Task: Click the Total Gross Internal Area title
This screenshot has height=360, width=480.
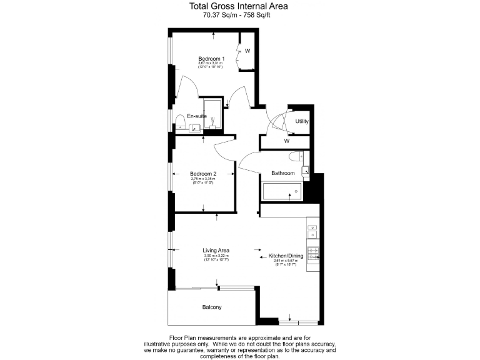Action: (x=240, y=7)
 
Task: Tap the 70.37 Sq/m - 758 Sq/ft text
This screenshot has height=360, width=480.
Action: (x=240, y=16)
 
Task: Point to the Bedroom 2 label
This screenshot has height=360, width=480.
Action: (x=203, y=174)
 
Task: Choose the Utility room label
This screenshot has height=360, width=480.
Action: (x=302, y=121)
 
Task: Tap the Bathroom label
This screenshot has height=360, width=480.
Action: (x=282, y=173)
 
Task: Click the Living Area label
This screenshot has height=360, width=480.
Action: (x=216, y=251)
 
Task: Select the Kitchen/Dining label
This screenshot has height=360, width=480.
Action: (x=283, y=256)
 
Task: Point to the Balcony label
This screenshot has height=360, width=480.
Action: (x=212, y=307)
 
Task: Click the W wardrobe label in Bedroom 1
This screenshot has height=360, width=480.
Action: (x=247, y=51)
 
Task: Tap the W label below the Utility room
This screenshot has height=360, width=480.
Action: (x=287, y=141)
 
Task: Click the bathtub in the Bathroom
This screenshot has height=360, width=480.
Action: (x=281, y=191)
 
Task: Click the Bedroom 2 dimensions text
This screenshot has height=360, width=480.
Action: (x=202, y=181)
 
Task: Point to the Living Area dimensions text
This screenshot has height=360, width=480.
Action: (x=216, y=257)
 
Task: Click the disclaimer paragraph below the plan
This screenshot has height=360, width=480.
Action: (x=240, y=347)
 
